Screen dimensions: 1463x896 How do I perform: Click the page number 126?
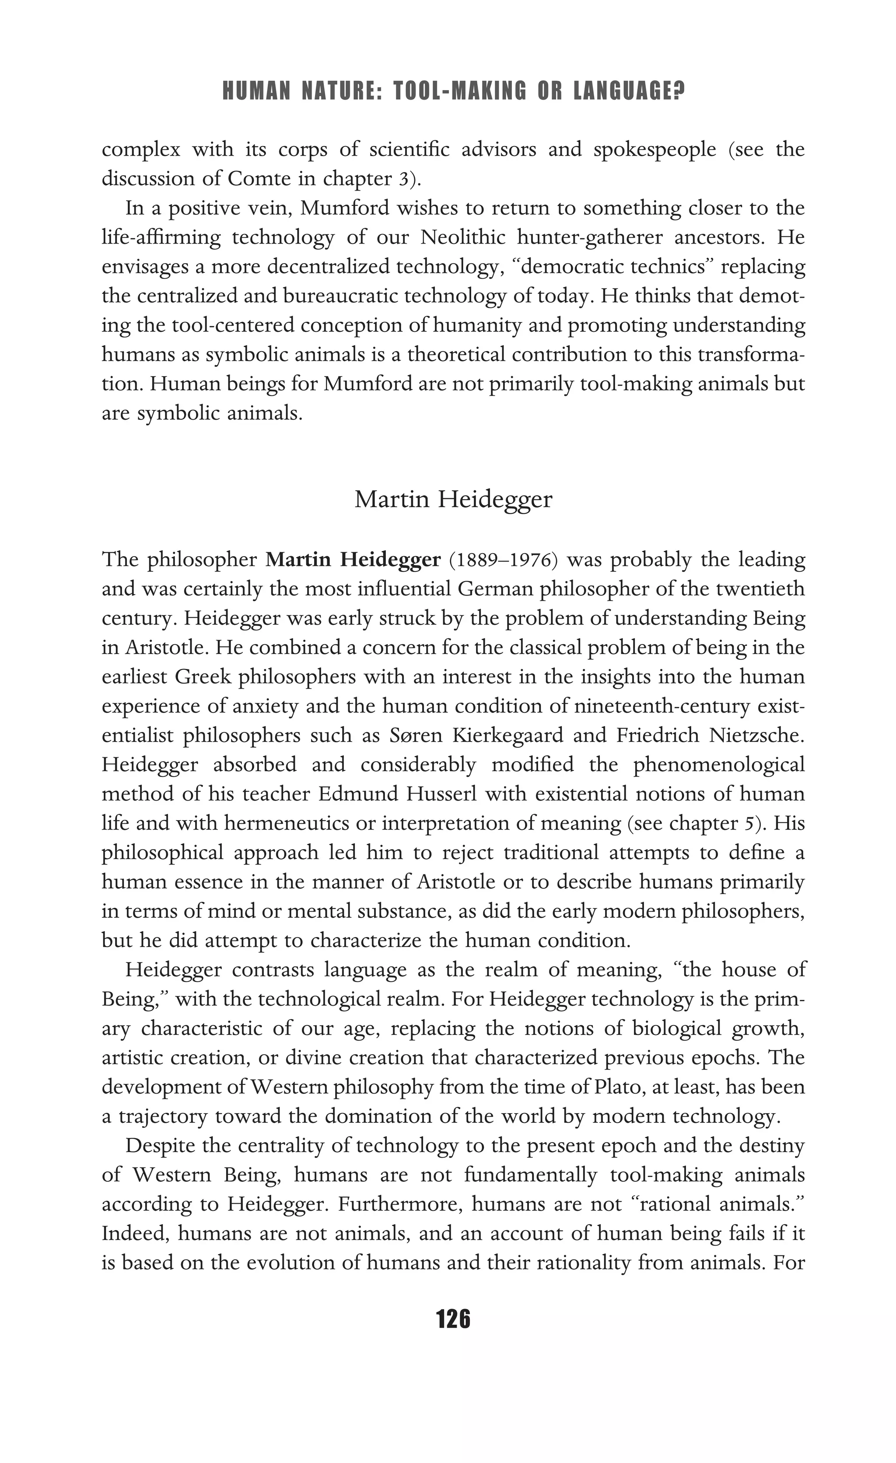click(x=453, y=1319)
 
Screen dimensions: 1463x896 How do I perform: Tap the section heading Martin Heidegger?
click(x=453, y=499)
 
